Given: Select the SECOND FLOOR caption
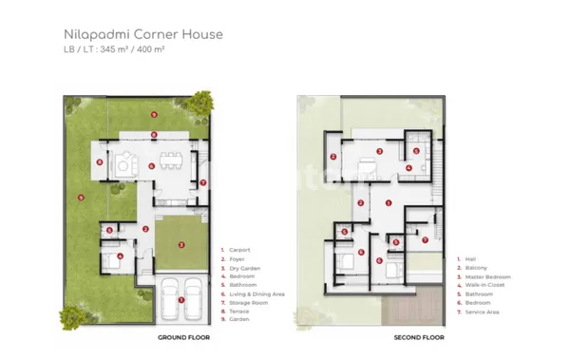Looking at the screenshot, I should (420, 337).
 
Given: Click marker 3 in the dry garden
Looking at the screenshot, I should (181, 244).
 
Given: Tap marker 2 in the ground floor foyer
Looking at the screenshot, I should (144, 229).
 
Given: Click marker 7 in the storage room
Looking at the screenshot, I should (202, 181).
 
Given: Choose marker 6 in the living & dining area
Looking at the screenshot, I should (152, 165).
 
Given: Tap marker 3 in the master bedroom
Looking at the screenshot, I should (379, 151).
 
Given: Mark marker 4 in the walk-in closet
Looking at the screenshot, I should (408, 169).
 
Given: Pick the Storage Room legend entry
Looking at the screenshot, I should (247, 303).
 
